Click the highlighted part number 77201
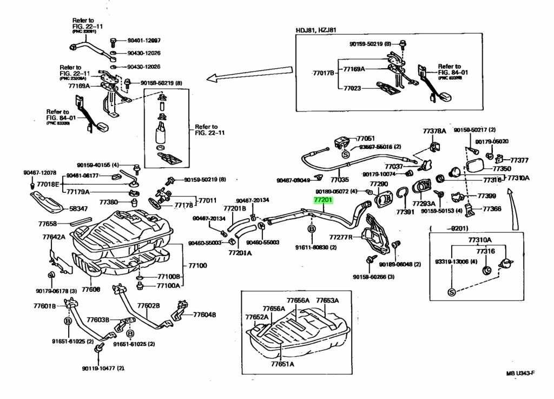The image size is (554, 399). [324, 200]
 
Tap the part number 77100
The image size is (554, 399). [198, 266]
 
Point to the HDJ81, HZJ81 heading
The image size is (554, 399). [315, 30]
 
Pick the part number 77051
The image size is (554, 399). [366, 139]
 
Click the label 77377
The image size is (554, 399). [519, 160]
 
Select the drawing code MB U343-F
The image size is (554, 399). [520, 374]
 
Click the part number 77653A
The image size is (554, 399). [327, 300]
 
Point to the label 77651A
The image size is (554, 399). [282, 364]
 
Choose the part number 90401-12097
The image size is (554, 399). [144, 41]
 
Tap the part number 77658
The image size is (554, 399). [48, 223]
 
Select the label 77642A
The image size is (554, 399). [54, 237]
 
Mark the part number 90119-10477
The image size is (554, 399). [103, 368]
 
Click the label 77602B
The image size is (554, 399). [148, 306]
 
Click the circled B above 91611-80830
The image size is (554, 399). [312, 230]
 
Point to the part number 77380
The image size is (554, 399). [108, 202]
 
